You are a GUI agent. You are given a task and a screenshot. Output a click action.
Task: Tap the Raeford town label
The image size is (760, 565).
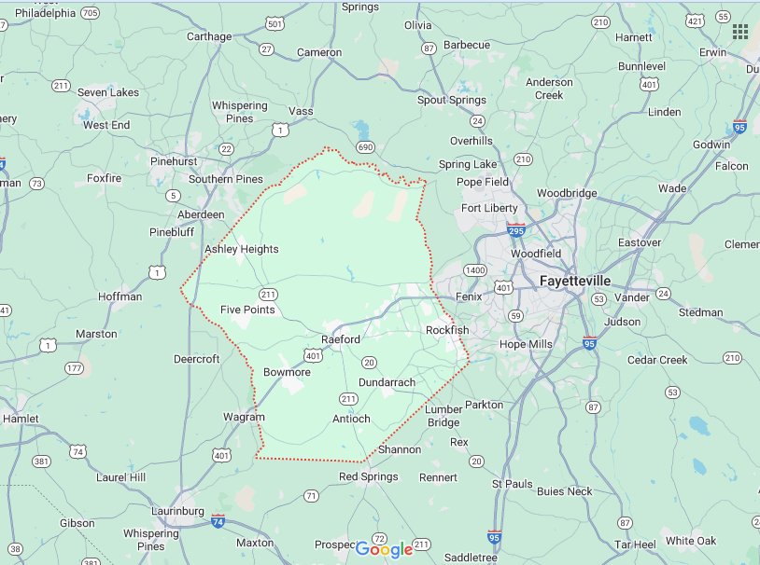click(341, 339)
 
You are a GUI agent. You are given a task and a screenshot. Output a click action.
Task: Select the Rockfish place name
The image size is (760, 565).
click(447, 330)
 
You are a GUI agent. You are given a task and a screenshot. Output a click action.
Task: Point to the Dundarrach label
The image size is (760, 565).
click(387, 382)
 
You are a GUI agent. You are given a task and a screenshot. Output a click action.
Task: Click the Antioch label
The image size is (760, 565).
click(351, 419)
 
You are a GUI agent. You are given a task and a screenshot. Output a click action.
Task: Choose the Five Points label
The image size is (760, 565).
click(247, 310)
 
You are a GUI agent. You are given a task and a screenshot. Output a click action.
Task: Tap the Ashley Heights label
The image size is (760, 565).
click(241, 249)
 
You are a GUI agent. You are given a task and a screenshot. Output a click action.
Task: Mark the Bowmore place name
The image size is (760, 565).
click(287, 372)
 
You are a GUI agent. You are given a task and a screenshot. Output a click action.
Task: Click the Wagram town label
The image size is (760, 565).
click(244, 417)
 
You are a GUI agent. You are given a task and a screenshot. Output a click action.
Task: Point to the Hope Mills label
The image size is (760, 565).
click(527, 344)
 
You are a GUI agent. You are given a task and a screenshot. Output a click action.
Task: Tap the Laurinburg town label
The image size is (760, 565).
click(178, 512)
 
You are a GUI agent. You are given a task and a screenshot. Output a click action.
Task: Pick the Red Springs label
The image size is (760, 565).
click(368, 476)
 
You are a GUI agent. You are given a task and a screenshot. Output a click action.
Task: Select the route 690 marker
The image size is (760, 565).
click(365, 147)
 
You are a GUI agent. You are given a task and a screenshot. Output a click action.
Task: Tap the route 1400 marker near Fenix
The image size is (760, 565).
click(476, 270)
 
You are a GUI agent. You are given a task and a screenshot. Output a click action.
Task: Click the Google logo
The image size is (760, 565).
click(384, 550)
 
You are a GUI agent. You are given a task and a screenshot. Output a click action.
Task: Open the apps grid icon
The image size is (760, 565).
click(740, 32)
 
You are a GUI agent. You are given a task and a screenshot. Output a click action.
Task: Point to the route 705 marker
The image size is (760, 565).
click(90, 13)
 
